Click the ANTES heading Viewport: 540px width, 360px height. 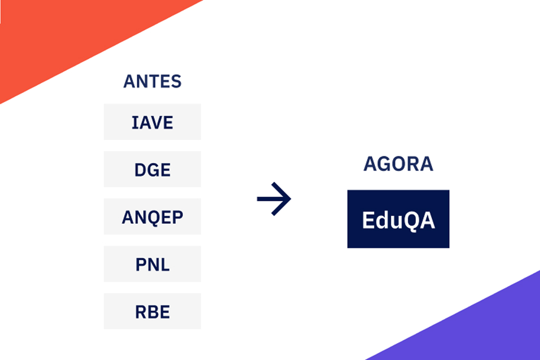[152, 82]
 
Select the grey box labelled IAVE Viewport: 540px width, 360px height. [152, 122]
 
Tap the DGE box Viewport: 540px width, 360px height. [152, 170]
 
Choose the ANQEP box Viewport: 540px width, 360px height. [152, 217]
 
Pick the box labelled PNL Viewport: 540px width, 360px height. [152, 265]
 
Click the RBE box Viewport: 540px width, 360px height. [152, 312]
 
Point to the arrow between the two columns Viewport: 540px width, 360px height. [274, 199]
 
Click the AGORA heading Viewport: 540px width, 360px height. [398, 164]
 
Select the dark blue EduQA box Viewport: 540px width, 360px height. [398, 219]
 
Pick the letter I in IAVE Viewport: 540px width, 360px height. [134, 123]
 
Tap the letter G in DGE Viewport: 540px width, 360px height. [153, 170]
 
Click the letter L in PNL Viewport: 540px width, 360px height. [165, 265]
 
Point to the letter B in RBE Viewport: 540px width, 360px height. [153, 312]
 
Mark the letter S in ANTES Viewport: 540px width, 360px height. [176, 82]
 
